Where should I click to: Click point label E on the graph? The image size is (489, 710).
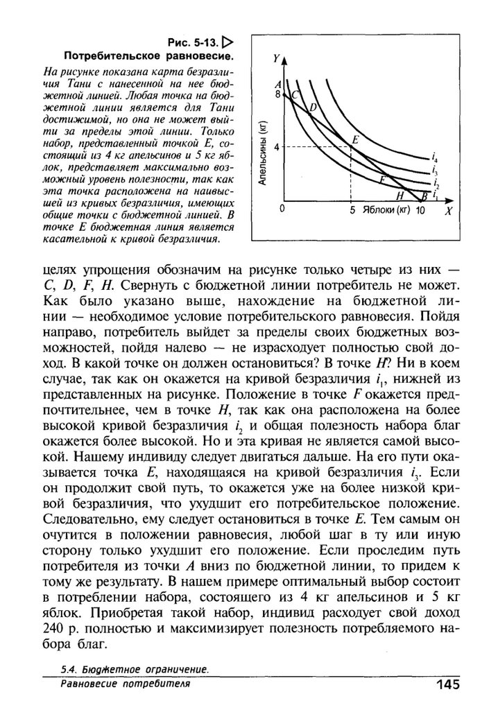tap(355, 139)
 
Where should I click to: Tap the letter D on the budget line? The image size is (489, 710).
tap(312, 107)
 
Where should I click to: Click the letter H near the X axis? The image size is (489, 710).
tap(399, 196)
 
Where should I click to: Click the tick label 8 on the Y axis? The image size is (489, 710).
tap(277, 94)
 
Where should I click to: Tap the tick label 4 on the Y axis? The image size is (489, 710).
tap(277, 147)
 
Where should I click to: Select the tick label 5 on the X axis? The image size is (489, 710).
tap(352, 209)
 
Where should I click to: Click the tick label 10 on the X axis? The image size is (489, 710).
tap(420, 209)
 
